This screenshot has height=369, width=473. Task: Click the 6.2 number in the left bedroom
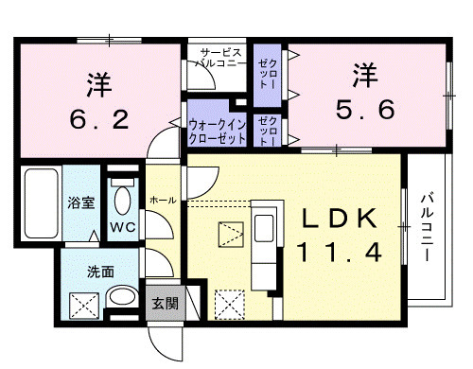pos(99,119)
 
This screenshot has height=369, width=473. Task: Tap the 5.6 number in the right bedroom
pos(365,109)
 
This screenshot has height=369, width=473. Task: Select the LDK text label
pos(340,219)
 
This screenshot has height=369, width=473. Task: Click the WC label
pos(123,227)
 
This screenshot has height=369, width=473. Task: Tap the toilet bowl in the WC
pos(122,201)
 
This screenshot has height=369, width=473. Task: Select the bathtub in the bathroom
pos(42,203)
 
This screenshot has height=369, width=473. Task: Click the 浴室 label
pos(81,202)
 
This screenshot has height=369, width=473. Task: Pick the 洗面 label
pos(100,272)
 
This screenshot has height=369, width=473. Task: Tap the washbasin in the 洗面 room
pos(122,296)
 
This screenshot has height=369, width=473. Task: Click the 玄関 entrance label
pos(166,303)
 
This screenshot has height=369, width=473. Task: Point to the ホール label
pos(163,200)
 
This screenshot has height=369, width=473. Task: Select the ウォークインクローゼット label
pos(217,132)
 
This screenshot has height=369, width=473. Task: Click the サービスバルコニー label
pos(219,58)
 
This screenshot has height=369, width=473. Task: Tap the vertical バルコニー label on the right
pos(428,228)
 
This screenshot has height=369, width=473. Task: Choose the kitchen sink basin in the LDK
pos(264,228)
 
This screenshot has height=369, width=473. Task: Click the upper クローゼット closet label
pos(268,74)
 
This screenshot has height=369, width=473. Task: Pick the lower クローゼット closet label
pos(268,131)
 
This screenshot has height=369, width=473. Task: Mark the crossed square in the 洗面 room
pos(84,306)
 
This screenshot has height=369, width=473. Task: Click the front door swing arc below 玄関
pos(159,348)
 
